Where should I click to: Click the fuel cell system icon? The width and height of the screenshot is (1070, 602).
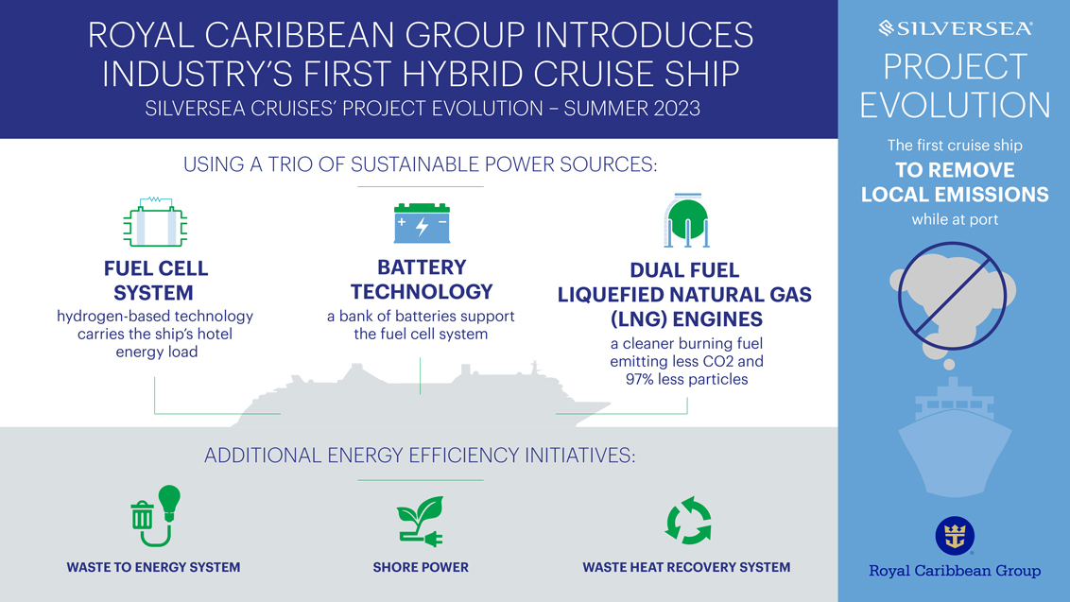(x=155, y=222)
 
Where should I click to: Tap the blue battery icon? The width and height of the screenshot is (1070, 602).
(x=422, y=223)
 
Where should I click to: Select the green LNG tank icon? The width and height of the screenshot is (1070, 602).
(x=686, y=220)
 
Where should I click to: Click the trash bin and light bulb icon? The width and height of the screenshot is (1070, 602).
(x=156, y=516)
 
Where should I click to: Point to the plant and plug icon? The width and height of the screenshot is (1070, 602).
(x=421, y=522)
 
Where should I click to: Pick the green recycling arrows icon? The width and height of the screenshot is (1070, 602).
(x=688, y=520)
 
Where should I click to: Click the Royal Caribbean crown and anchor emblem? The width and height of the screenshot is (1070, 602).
(x=955, y=536)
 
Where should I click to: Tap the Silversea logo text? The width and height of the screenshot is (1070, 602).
(x=956, y=28)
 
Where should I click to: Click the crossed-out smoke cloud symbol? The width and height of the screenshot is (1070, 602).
(x=953, y=297)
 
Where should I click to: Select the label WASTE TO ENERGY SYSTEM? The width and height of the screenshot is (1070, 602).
(x=153, y=567)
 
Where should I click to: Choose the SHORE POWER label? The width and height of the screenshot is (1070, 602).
(x=421, y=567)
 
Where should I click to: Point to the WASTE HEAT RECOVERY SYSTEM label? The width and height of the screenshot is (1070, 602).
(x=686, y=567)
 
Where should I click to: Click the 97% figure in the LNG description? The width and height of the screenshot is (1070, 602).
(x=642, y=380)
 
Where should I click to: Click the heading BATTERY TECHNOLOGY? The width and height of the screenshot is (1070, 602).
(x=422, y=279)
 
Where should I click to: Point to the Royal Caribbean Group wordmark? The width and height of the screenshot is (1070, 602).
(x=955, y=571)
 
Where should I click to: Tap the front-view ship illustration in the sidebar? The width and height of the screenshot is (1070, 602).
(x=955, y=437)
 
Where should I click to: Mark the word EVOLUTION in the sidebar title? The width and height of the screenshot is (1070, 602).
(x=956, y=105)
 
